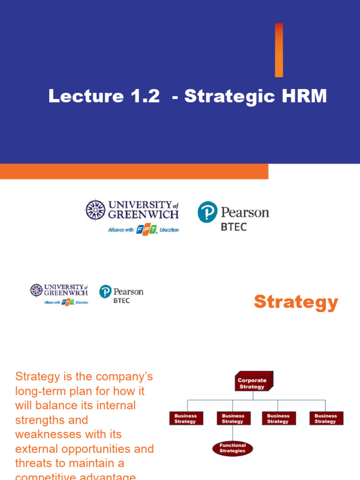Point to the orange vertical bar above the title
pyautogui.click(x=279, y=50)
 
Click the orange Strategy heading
pyautogui.click(x=296, y=302)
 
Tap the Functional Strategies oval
pyautogui.click(x=232, y=448)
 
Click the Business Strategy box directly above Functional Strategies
pyautogui.click(x=232, y=418)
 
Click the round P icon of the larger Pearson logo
pyautogui.click(x=207, y=212)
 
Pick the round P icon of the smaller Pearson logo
pyautogui.click(x=105, y=292)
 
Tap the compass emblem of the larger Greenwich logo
pyautogui.click(x=95, y=210)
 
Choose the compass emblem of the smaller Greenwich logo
pyautogui.click(x=36, y=290)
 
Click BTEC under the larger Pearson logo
pyautogui.click(x=233, y=227)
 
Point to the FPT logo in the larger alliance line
pyautogui.click(x=146, y=230)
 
